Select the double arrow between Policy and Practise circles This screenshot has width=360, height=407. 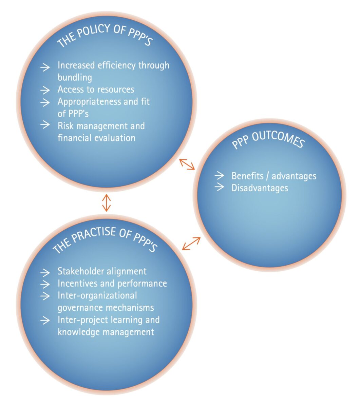[x=107, y=202]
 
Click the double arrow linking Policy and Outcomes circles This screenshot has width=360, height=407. [x=187, y=164]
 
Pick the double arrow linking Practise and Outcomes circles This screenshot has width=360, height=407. [x=191, y=244]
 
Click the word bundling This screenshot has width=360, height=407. [x=75, y=77]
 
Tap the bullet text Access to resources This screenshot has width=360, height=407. [x=96, y=90]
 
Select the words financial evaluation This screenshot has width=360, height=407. [x=96, y=138]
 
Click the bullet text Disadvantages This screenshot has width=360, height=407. [x=260, y=188]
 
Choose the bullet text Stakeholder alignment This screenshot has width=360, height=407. [x=102, y=271]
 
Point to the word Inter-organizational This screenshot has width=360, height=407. [x=97, y=295]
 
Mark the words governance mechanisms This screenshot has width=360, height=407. [x=106, y=308]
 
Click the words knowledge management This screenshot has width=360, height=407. [x=106, y=332]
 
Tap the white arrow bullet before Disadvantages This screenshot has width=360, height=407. [x=220, y=187]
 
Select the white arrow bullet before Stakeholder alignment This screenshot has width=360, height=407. [x=45, y=272]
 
